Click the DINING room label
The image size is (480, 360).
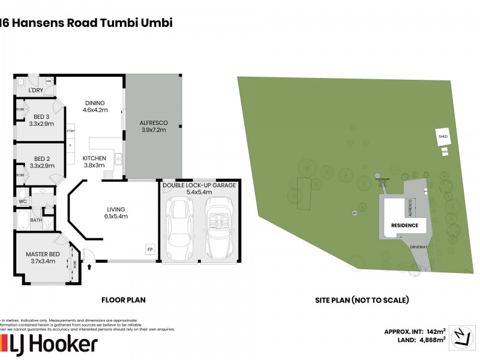95,102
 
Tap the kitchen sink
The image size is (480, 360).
119,160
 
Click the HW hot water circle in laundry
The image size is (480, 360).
47,81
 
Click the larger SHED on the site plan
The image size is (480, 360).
443,137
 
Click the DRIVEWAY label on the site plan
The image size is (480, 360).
418,246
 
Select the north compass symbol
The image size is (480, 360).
461,335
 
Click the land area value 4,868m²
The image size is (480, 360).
431,340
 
